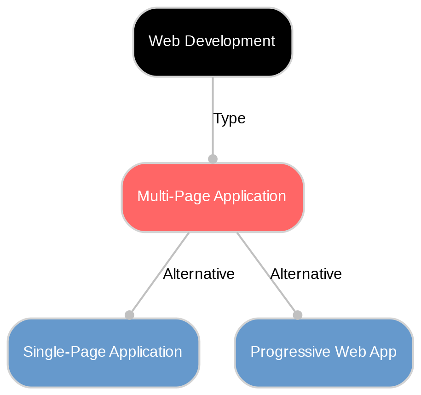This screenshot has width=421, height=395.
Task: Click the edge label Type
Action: click(229, 119)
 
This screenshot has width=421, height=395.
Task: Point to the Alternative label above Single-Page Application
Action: click(199, 274)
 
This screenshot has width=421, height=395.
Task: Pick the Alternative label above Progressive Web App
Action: click(306, 274)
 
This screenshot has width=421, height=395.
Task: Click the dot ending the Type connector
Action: click(213, 159)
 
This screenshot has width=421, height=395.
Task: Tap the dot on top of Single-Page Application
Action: click(129, 315)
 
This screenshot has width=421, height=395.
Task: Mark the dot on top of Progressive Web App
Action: click(298, 315)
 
